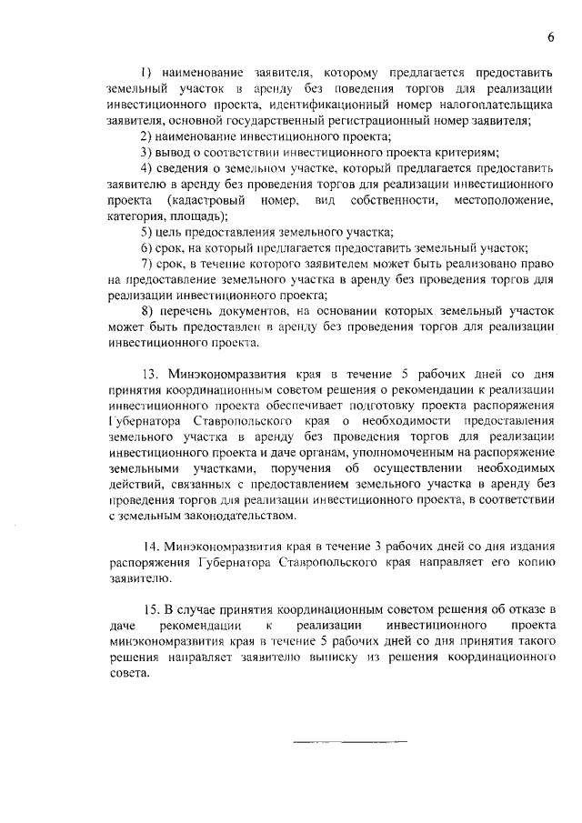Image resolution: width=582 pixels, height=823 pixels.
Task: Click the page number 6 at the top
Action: point(551,36)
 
